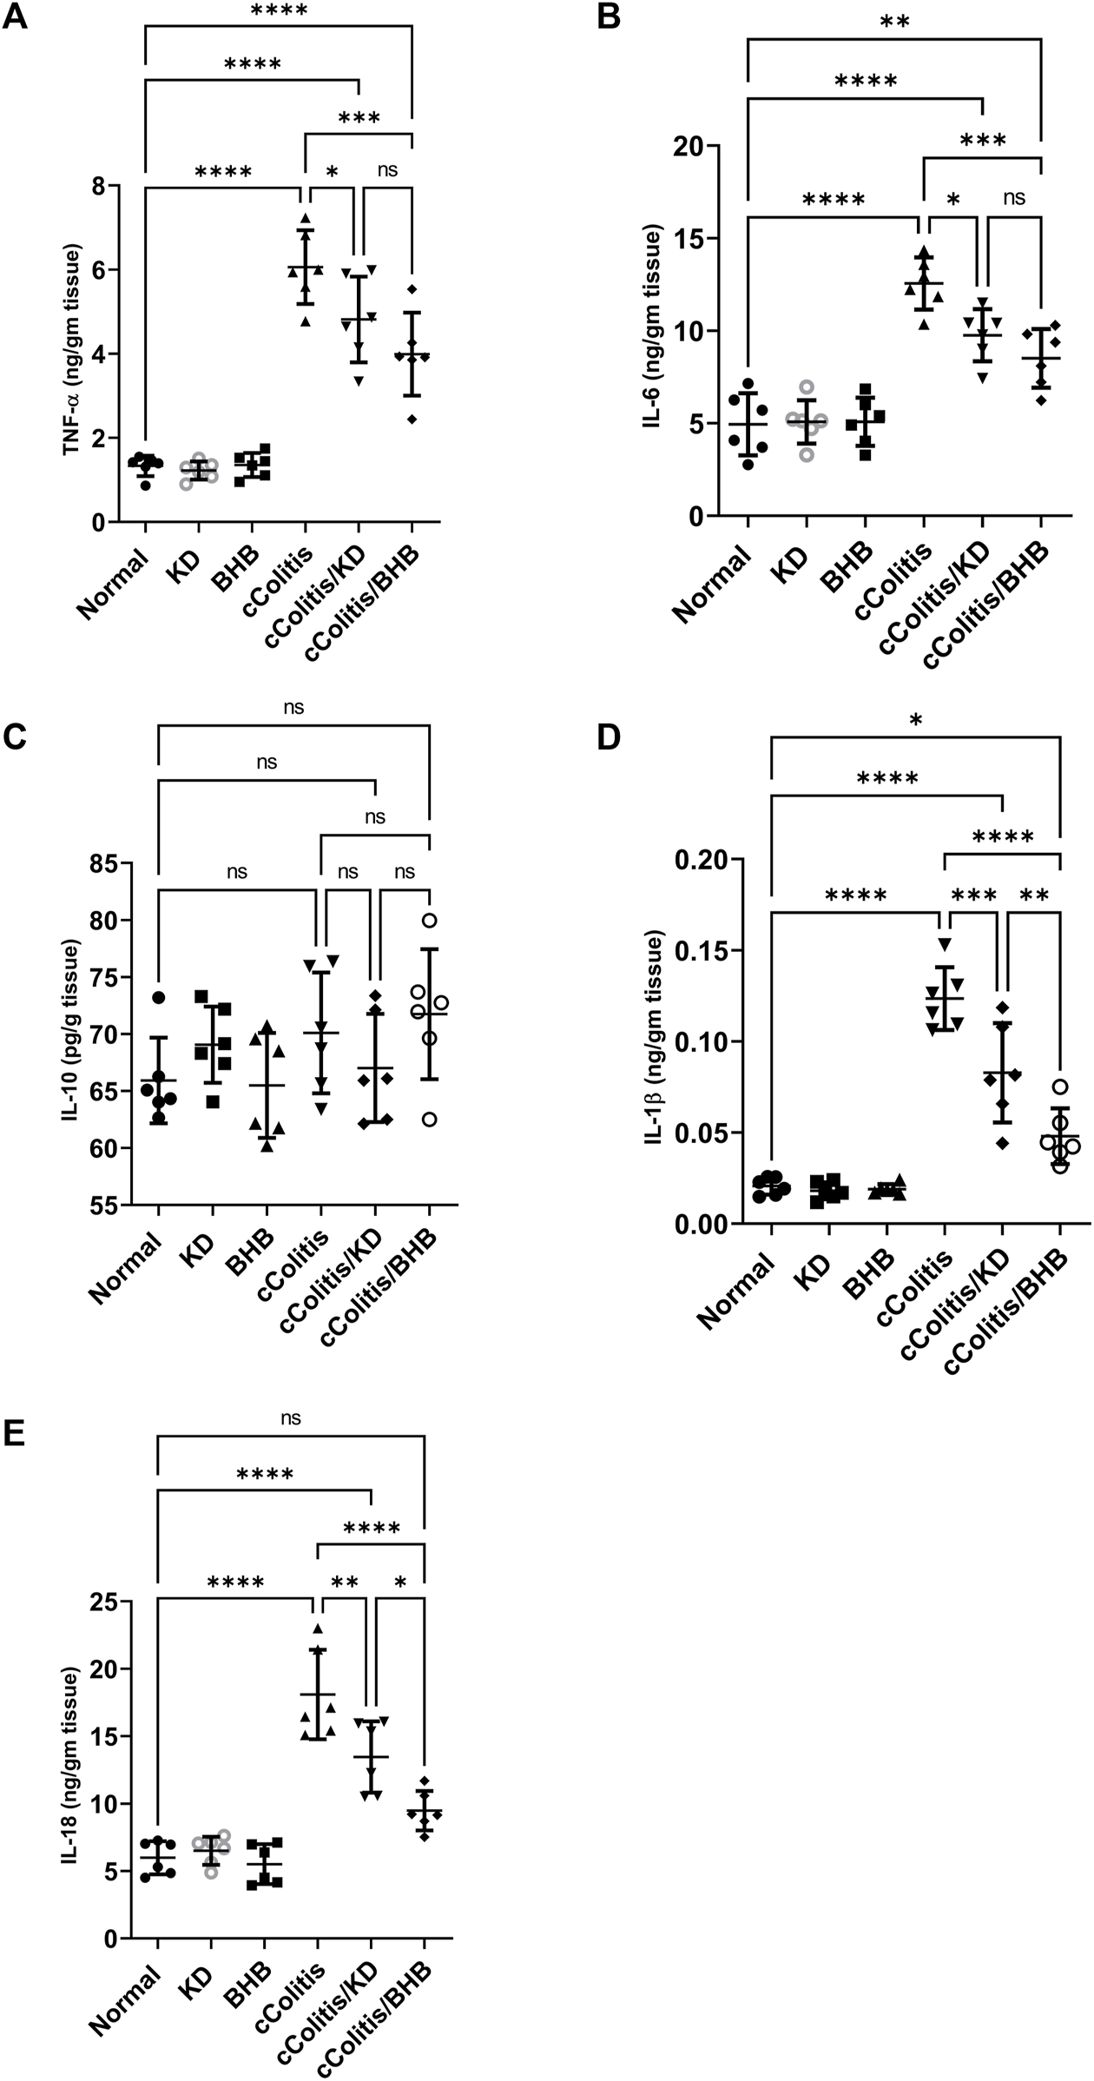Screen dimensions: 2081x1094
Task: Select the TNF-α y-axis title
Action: coord(70,352)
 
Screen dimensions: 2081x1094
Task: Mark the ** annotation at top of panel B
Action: coord(894,22)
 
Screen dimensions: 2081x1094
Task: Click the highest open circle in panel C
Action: coord(429,921)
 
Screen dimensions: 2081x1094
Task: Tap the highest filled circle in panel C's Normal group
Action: coord(158,997)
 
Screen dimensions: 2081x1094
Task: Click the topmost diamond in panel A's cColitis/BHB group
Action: coord(412,288)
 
